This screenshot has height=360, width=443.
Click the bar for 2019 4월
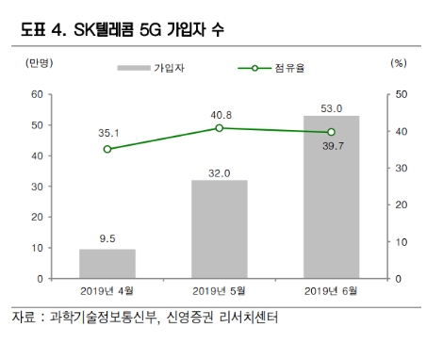click(107, 264)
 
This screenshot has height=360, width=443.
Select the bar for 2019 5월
click(219, 229)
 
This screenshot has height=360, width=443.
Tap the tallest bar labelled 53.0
click(331, 197)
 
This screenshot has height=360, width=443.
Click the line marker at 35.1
click(107, 149)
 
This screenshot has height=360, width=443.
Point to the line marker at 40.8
click(219, 128)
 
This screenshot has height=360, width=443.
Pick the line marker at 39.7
click(331, 132)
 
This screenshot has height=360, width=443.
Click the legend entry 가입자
click(166, 68)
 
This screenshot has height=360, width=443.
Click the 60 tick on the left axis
click(38, 94)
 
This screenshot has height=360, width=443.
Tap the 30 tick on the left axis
click(38, 187)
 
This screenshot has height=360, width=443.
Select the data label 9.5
click(107, 238)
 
